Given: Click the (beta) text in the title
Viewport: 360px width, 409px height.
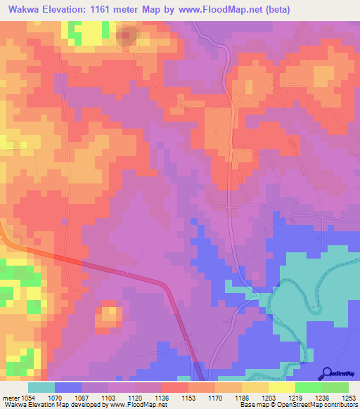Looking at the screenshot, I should tap(274, 9).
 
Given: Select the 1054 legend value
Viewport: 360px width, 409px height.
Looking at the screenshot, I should tap(27, 398).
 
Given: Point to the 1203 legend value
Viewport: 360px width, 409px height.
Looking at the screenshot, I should tap(268, 398).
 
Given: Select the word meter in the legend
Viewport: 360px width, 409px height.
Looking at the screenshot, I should tap(10, 398).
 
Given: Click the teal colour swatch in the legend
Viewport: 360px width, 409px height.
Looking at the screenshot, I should tap(41, 387).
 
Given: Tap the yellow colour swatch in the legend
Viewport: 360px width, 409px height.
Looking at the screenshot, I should tap(281, 387).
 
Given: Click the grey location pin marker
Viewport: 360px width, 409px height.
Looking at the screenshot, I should tap(127, 37).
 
